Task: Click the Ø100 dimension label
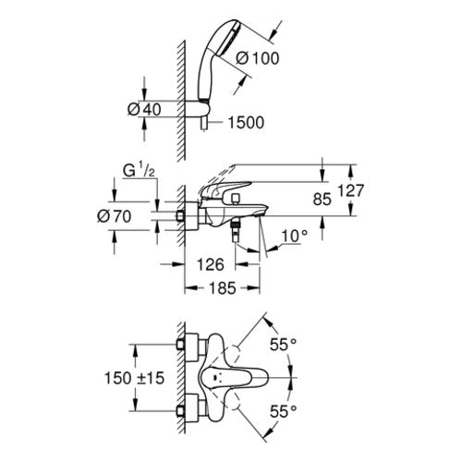258,58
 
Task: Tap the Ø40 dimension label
144,109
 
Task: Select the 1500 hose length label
246,122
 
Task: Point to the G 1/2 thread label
139,171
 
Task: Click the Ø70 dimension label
115,216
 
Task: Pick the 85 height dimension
322,200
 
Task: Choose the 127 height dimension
351,190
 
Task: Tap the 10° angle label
295,237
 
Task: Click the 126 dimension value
211,264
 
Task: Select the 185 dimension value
223,288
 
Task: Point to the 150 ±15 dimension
134,378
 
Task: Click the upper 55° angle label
283,345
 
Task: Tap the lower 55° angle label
283,411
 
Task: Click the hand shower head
215,43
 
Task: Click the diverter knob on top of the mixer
237,199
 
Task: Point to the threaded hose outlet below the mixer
236,231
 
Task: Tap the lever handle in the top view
234,377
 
